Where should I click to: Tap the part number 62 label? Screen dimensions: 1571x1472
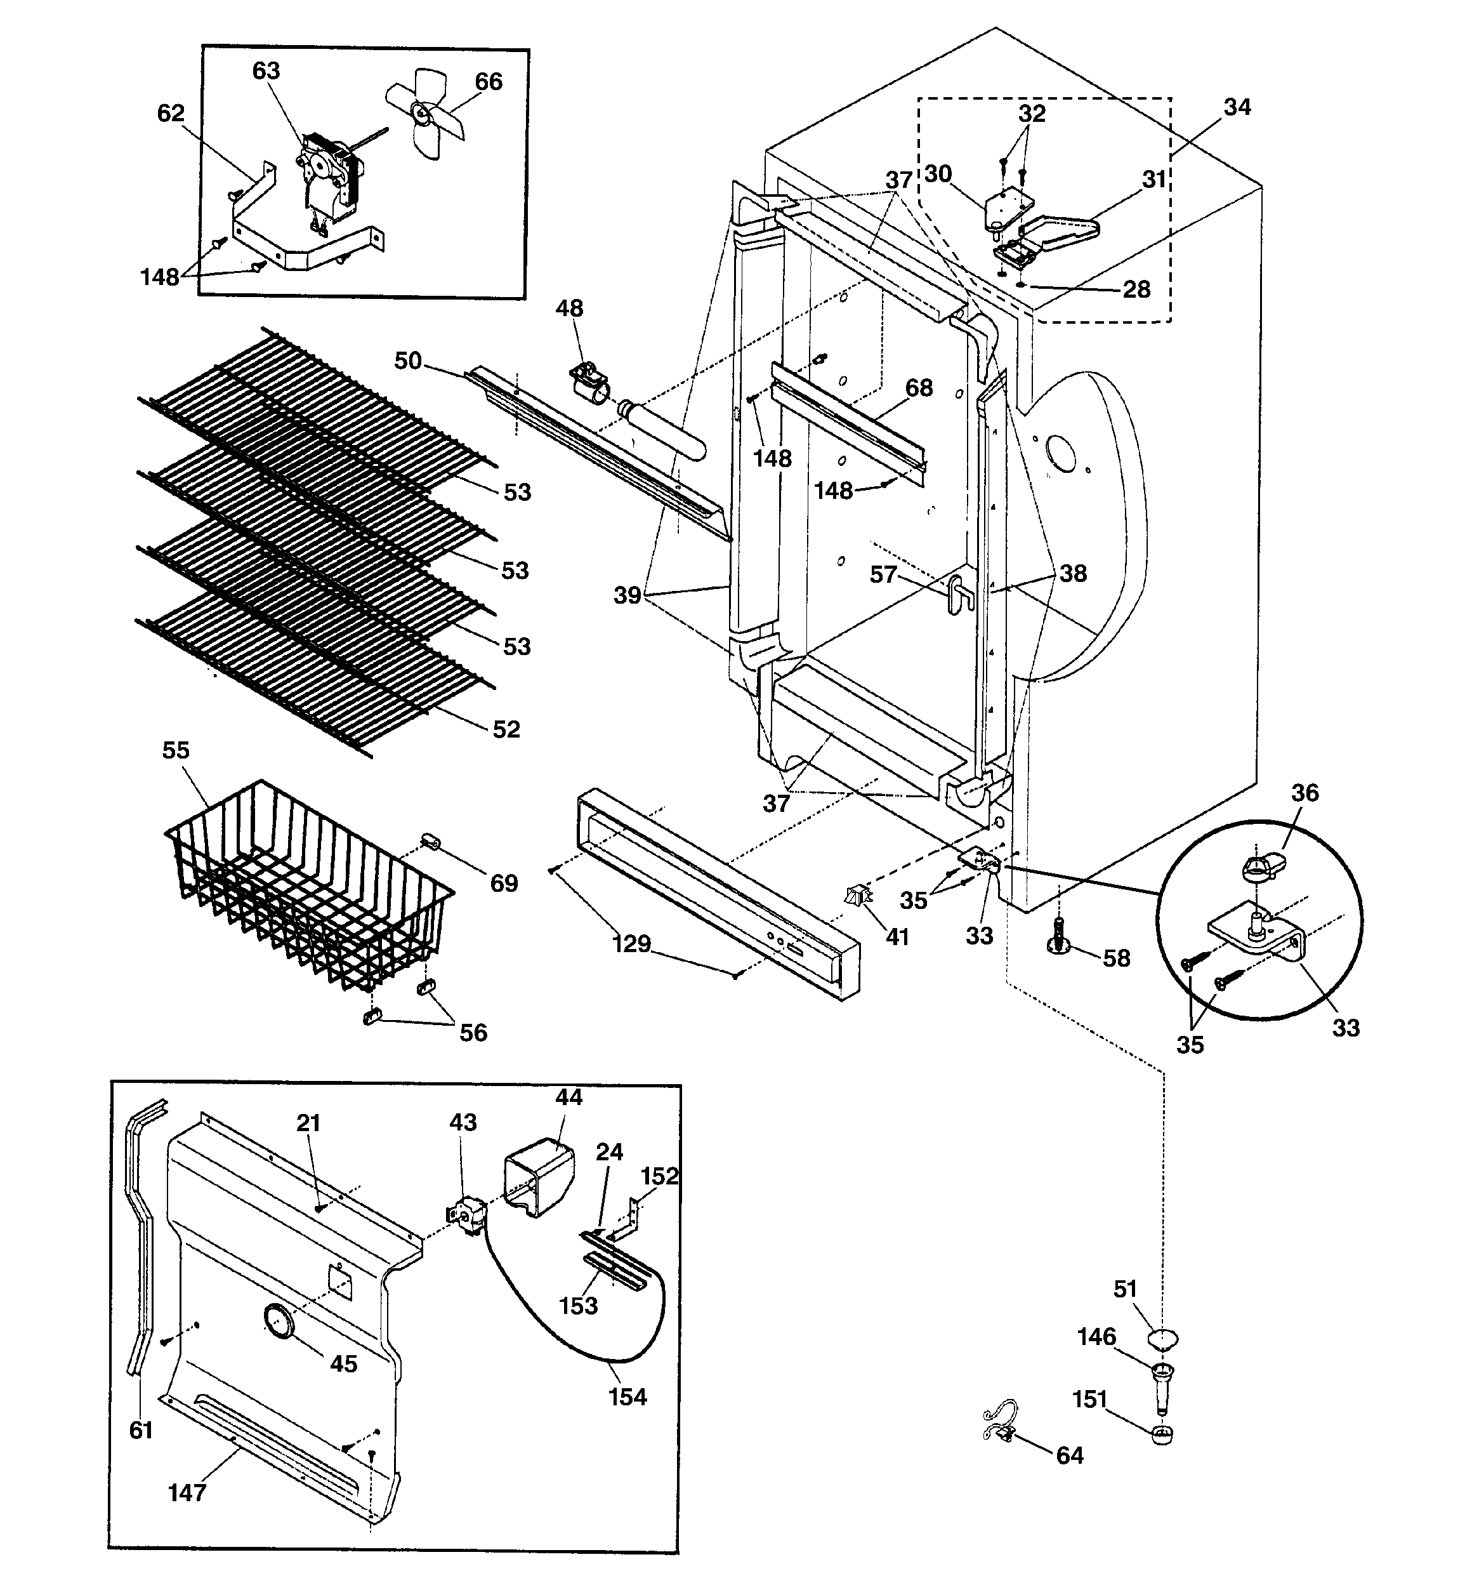click(171, 114)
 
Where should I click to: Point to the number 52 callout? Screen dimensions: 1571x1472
click(506, 729)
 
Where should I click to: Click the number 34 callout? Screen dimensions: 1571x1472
click(1237, 107)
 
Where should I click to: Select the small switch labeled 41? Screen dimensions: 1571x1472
click(858, 897)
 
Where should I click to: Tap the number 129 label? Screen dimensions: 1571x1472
click(631, 943)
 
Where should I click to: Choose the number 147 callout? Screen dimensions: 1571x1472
click(187, 1493)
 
